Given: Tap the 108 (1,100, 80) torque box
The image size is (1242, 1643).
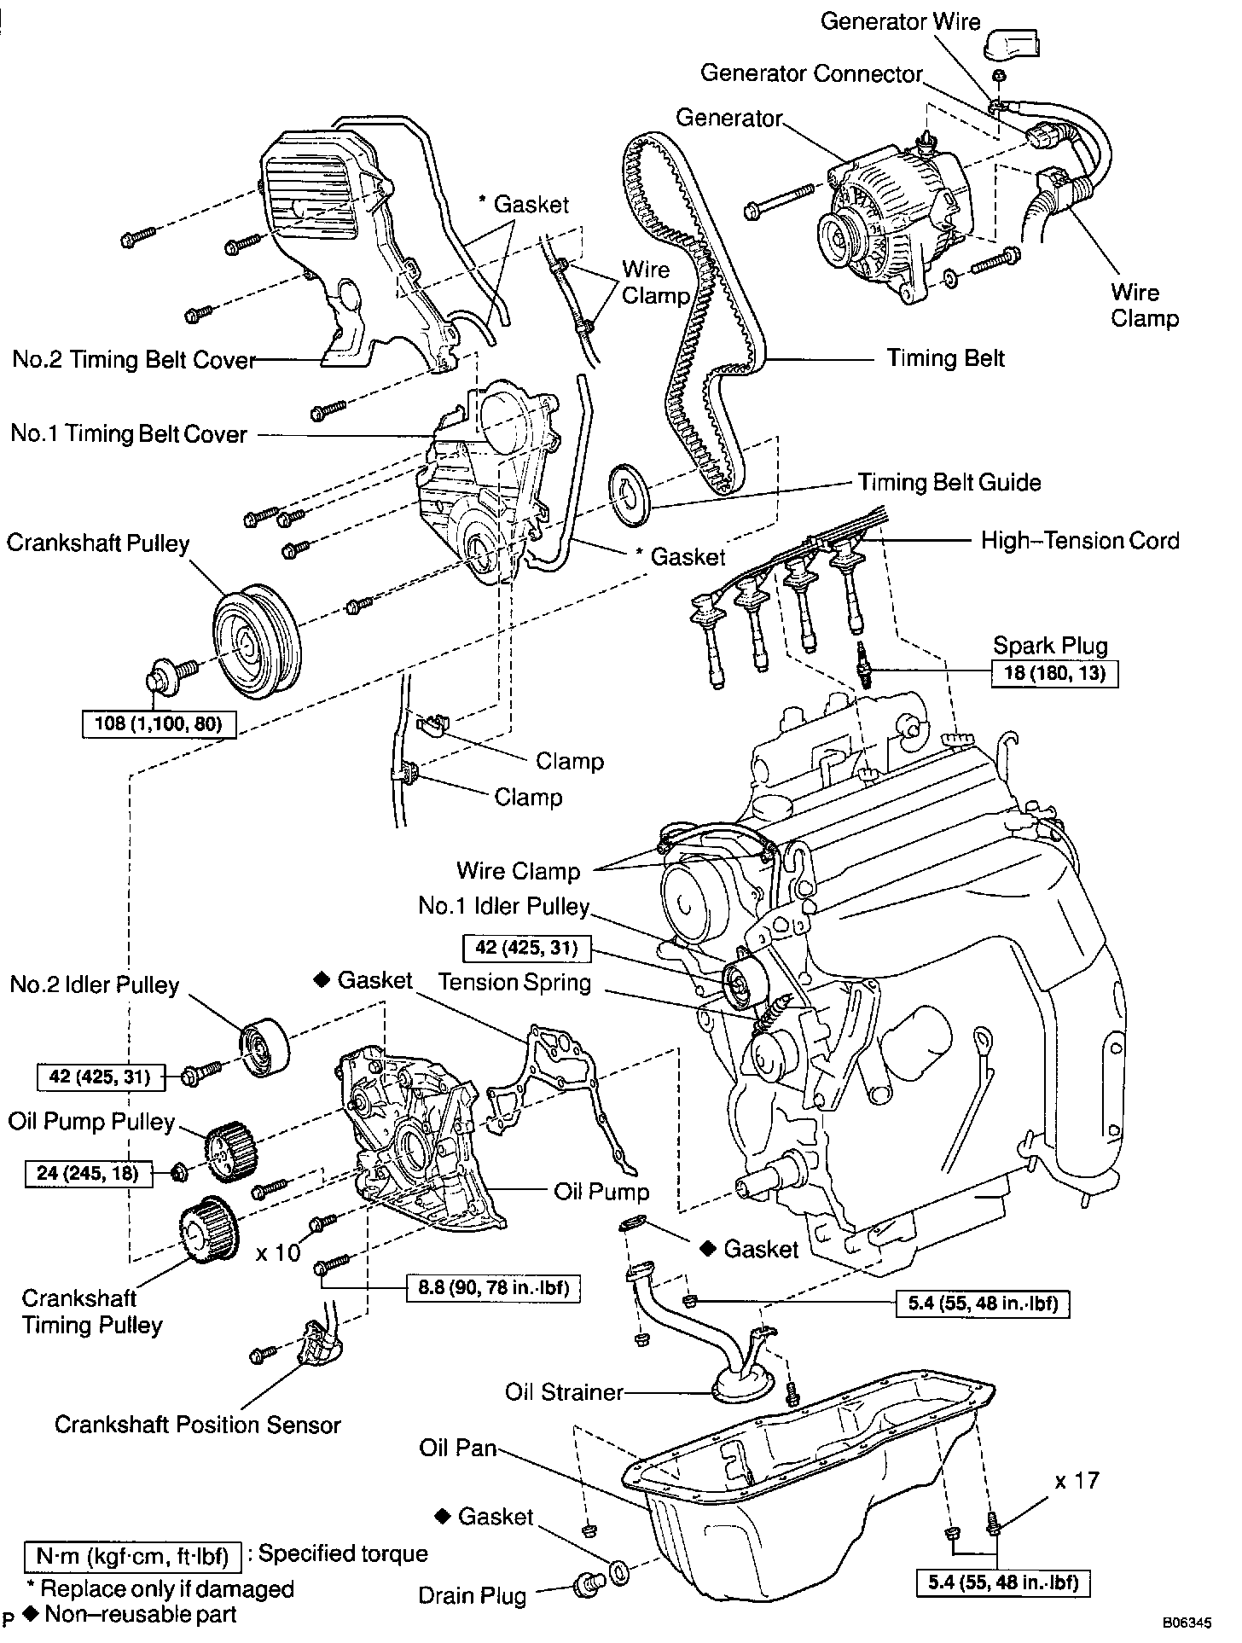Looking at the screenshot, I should (160, 725).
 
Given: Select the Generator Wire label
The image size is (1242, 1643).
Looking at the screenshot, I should (900, 21).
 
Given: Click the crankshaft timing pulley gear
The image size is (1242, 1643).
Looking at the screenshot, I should (207, 1234).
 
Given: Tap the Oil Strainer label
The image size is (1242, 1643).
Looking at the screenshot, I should (565, 1393).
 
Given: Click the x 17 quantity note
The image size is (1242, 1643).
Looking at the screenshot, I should (1077, 1480).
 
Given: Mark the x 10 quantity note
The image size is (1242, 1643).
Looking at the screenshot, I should (278, 1252).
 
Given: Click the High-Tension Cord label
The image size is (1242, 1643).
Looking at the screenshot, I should (1079, 541).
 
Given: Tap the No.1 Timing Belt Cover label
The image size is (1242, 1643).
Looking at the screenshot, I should (129, 434).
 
